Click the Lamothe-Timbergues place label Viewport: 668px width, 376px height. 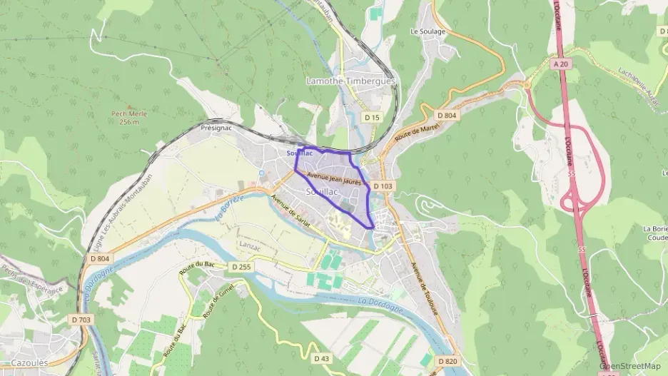350,81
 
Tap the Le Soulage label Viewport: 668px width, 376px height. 427,31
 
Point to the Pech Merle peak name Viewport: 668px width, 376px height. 128,113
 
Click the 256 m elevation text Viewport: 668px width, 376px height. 128,122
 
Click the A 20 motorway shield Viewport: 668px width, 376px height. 560,63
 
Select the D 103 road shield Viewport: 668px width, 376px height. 383,186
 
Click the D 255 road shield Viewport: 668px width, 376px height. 241,265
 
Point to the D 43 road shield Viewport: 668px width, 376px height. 323,357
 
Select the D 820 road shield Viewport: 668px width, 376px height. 447,361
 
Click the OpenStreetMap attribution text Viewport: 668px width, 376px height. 630,366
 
